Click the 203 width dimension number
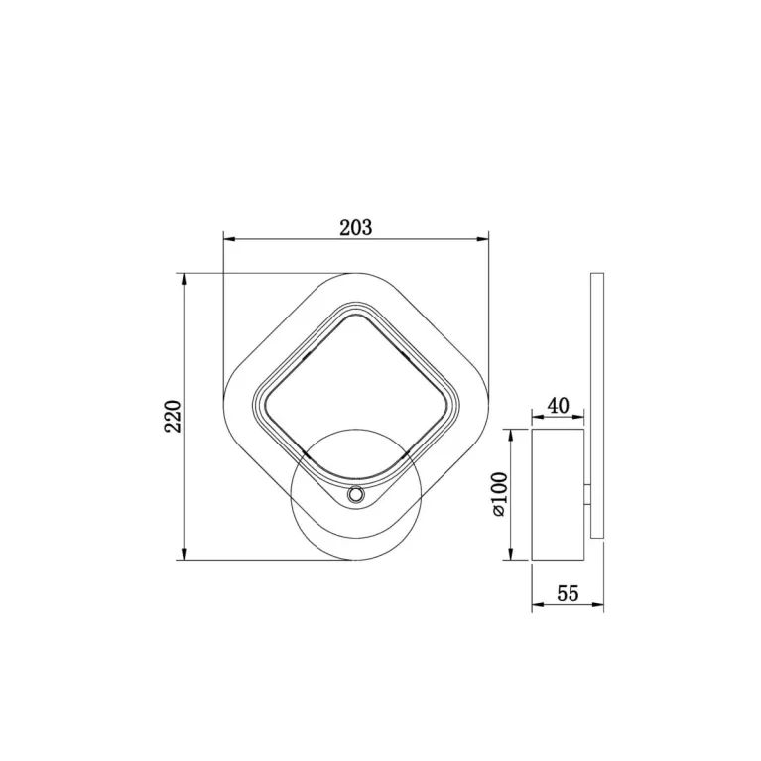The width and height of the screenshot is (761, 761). point(356,227)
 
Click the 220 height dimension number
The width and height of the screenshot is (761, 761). point(173,416)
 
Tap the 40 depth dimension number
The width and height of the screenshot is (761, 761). point(559,405)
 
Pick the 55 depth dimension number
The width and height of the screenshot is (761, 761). point(568,593)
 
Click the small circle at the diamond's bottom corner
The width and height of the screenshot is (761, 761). point(356,495)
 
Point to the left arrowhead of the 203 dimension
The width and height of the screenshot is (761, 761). point(229,239)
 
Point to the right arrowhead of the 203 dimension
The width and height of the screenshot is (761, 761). point(482,239)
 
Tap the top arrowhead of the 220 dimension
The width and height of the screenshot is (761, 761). point(184,280)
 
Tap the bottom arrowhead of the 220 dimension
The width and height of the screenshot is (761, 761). point(184,554)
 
